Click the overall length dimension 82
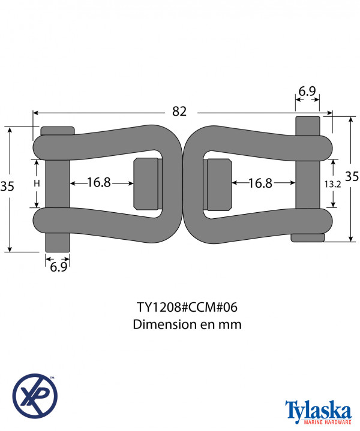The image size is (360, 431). pyautogui.click(x=179, y=111)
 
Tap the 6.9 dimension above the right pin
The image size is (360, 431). pyautogui.click(x=307, y=91)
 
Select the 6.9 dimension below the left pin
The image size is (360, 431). pyautogui.click(x=59, y=267)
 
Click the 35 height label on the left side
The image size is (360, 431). pyautogui.click(x=7, y=186)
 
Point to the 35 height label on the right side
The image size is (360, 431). pyautogui.click(x=352, y=176)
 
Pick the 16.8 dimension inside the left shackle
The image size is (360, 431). pyautogui.click(x=99, y=182)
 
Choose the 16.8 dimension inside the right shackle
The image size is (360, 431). pyautogui.click(x=260, y=183)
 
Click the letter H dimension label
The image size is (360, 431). pyautogui.click(x=37, y=183)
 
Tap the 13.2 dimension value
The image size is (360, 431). pyautogui.click(x=332, y=184)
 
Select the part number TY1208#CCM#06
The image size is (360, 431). pyautogui.click(x=187, y=307)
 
